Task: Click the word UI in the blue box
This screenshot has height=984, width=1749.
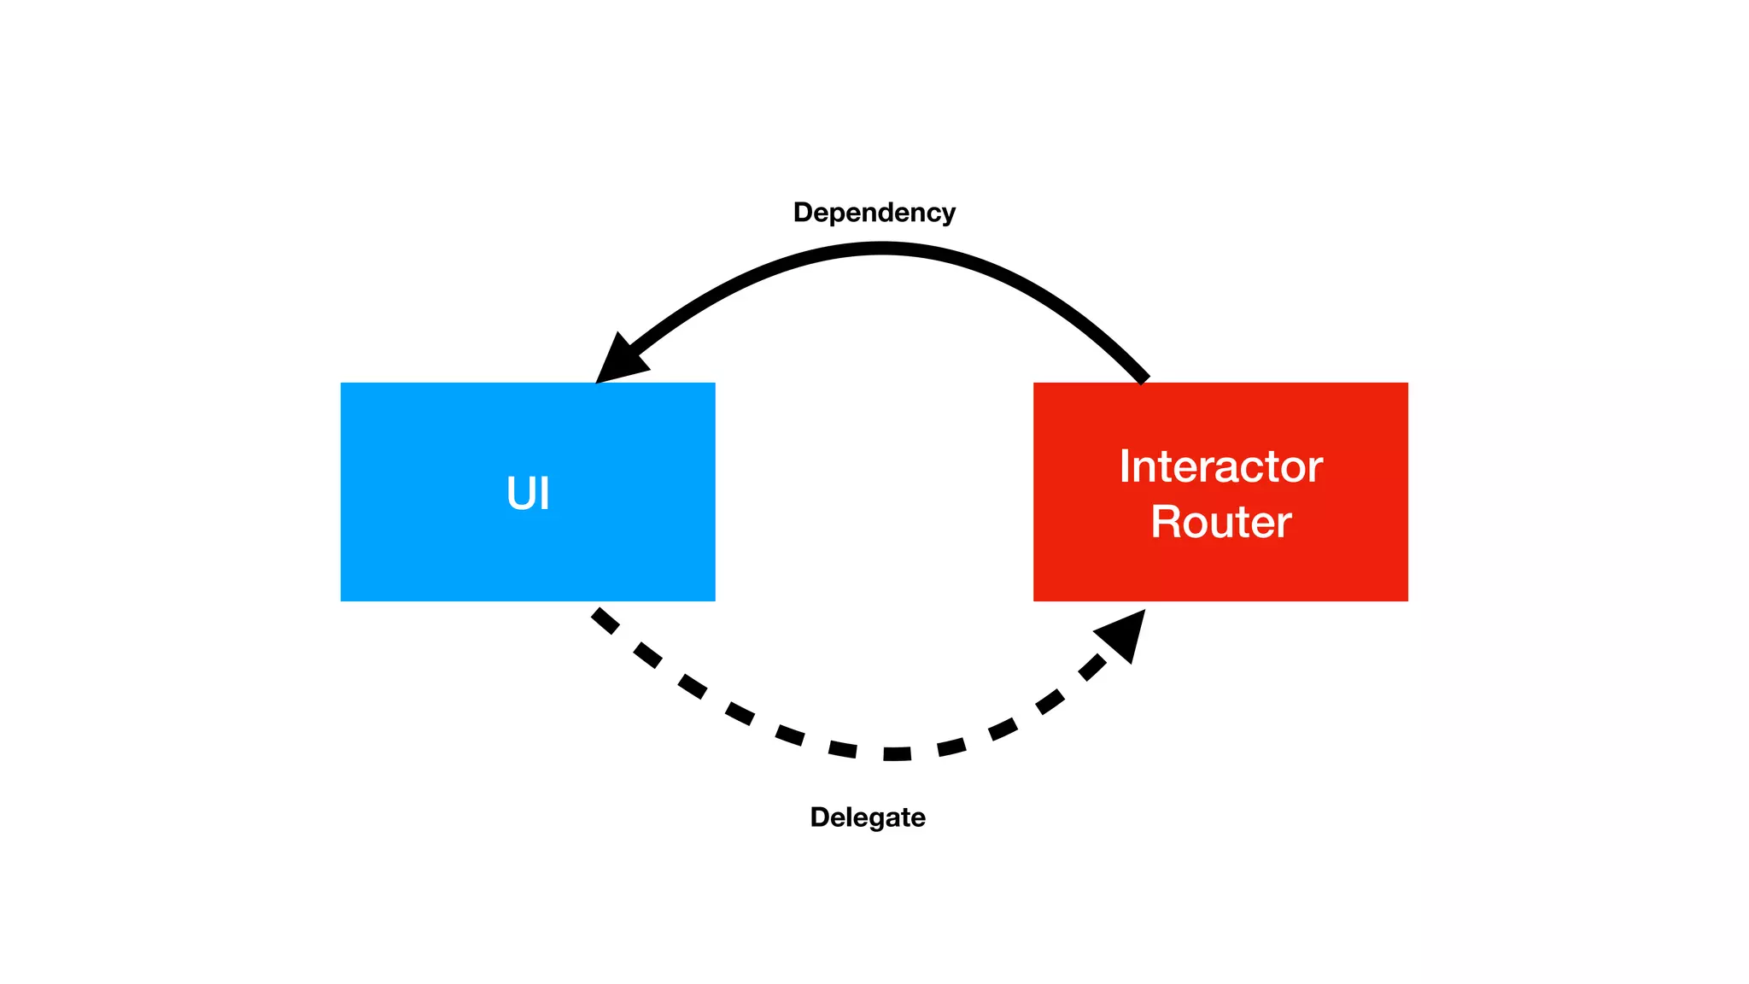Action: [x=528, y=494]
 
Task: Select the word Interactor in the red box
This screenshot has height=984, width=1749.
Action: [x=1220, y=466]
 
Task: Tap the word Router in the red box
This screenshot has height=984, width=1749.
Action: [x=1220, y=522]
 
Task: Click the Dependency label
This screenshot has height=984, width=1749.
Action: [x=874, y=213]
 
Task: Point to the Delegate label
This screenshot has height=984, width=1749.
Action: [x=867, y=817]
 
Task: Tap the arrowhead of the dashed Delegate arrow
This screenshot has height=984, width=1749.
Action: [x=1124, y=633]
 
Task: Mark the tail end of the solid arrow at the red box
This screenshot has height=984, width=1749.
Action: [x=1143, y=377]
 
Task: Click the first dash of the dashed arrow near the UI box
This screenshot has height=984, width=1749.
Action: [x=605, y=621]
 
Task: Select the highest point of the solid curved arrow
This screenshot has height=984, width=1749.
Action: [x=881, y=249]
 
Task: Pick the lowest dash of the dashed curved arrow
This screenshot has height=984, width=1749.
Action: [x=897, y=753]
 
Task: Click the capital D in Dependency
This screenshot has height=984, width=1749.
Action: [x=802, y=213]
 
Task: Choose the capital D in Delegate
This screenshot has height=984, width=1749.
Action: [x=819, y=817]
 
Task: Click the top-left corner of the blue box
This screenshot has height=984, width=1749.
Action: [x=342, y=384]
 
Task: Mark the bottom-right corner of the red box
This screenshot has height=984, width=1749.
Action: [x=1407, y=600]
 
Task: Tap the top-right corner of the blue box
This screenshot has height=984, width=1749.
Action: [x=714, y=384]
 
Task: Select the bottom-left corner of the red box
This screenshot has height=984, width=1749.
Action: [x=1035, y=600]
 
